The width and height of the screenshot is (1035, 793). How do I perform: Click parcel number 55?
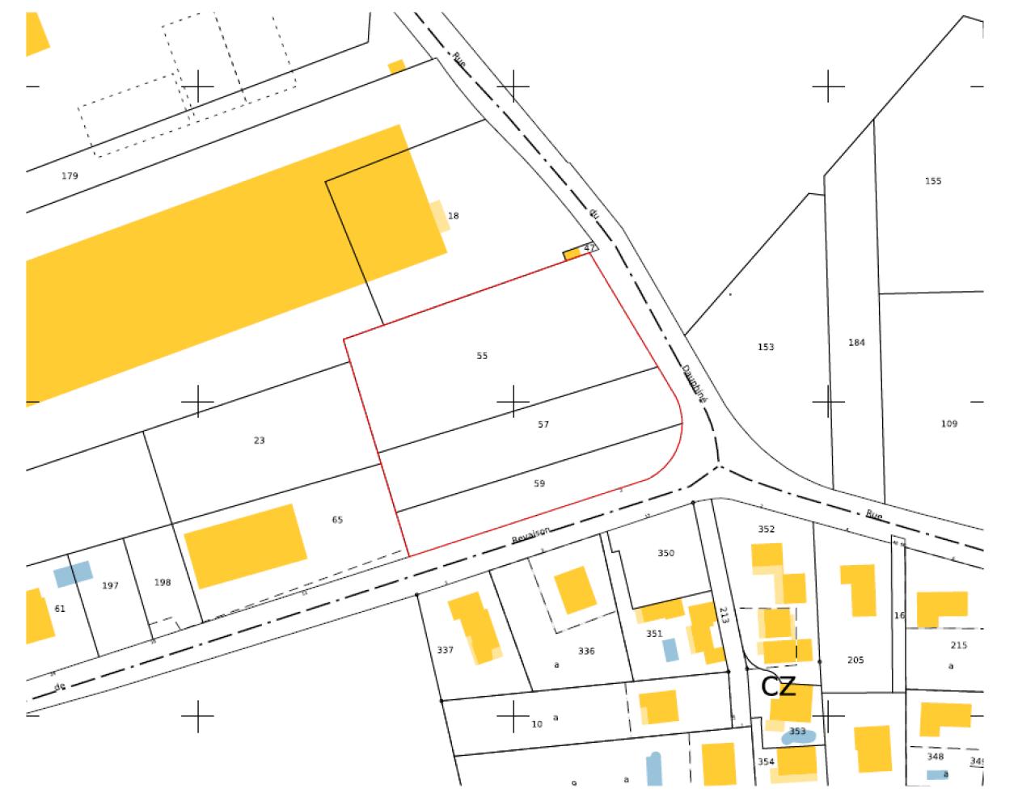coord(482,356)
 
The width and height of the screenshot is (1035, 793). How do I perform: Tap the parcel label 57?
coord(543,424)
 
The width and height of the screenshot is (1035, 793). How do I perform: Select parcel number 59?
coord(539,483)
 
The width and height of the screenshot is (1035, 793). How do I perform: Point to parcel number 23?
coord(259,441)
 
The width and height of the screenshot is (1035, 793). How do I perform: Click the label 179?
coord(70,175)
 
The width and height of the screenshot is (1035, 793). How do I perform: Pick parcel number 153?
coord(766,347)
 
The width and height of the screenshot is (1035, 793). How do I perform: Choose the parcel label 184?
coord(856,343)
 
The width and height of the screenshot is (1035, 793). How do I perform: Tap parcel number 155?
coord(933,181)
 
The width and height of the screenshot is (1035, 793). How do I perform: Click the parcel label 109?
coord(949,424)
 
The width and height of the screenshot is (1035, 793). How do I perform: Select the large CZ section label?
coord(779,687)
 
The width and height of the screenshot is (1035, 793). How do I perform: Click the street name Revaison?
coord(531,534)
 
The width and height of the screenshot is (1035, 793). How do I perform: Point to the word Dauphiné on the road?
coord(694,384)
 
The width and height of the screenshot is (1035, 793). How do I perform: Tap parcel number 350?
coord(665,554)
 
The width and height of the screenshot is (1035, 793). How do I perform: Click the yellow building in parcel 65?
coord(246,546)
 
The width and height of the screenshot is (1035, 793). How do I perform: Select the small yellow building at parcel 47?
coord(572,254)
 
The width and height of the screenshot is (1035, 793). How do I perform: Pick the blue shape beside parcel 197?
coord(73,574)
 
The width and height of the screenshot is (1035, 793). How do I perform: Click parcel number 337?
coord(445,650)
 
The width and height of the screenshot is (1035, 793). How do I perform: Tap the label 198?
coord(163,582)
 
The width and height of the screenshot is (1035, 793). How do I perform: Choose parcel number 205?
coord(855,660)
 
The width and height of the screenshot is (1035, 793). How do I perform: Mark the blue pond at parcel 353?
coord(798,736)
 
